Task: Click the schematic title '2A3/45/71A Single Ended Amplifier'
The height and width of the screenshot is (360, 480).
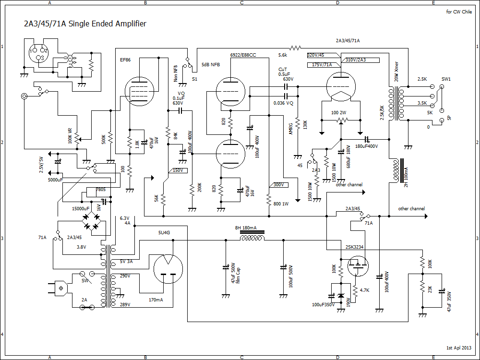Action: (x=85, y=24)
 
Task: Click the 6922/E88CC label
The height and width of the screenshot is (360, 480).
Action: (x=243, y=55)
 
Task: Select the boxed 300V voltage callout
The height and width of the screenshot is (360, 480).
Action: (x=278, y=185)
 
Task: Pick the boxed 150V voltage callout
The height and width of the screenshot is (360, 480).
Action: (x=178, y=170)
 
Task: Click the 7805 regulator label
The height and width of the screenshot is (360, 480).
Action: (x=101, y=190)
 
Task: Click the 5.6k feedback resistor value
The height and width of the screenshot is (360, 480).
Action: (x=283, y=54)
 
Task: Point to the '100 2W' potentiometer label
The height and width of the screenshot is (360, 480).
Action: (x=339, y=112)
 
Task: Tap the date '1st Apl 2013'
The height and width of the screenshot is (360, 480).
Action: (x=459, y=347)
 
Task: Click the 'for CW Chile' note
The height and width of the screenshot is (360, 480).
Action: (x=458, y=12)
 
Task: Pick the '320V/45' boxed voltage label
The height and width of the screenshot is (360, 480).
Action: (x=316, y=55)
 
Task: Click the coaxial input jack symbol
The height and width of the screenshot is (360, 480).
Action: (x=24, y=96)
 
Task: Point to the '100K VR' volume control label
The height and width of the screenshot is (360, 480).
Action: (x=71, y=136)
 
